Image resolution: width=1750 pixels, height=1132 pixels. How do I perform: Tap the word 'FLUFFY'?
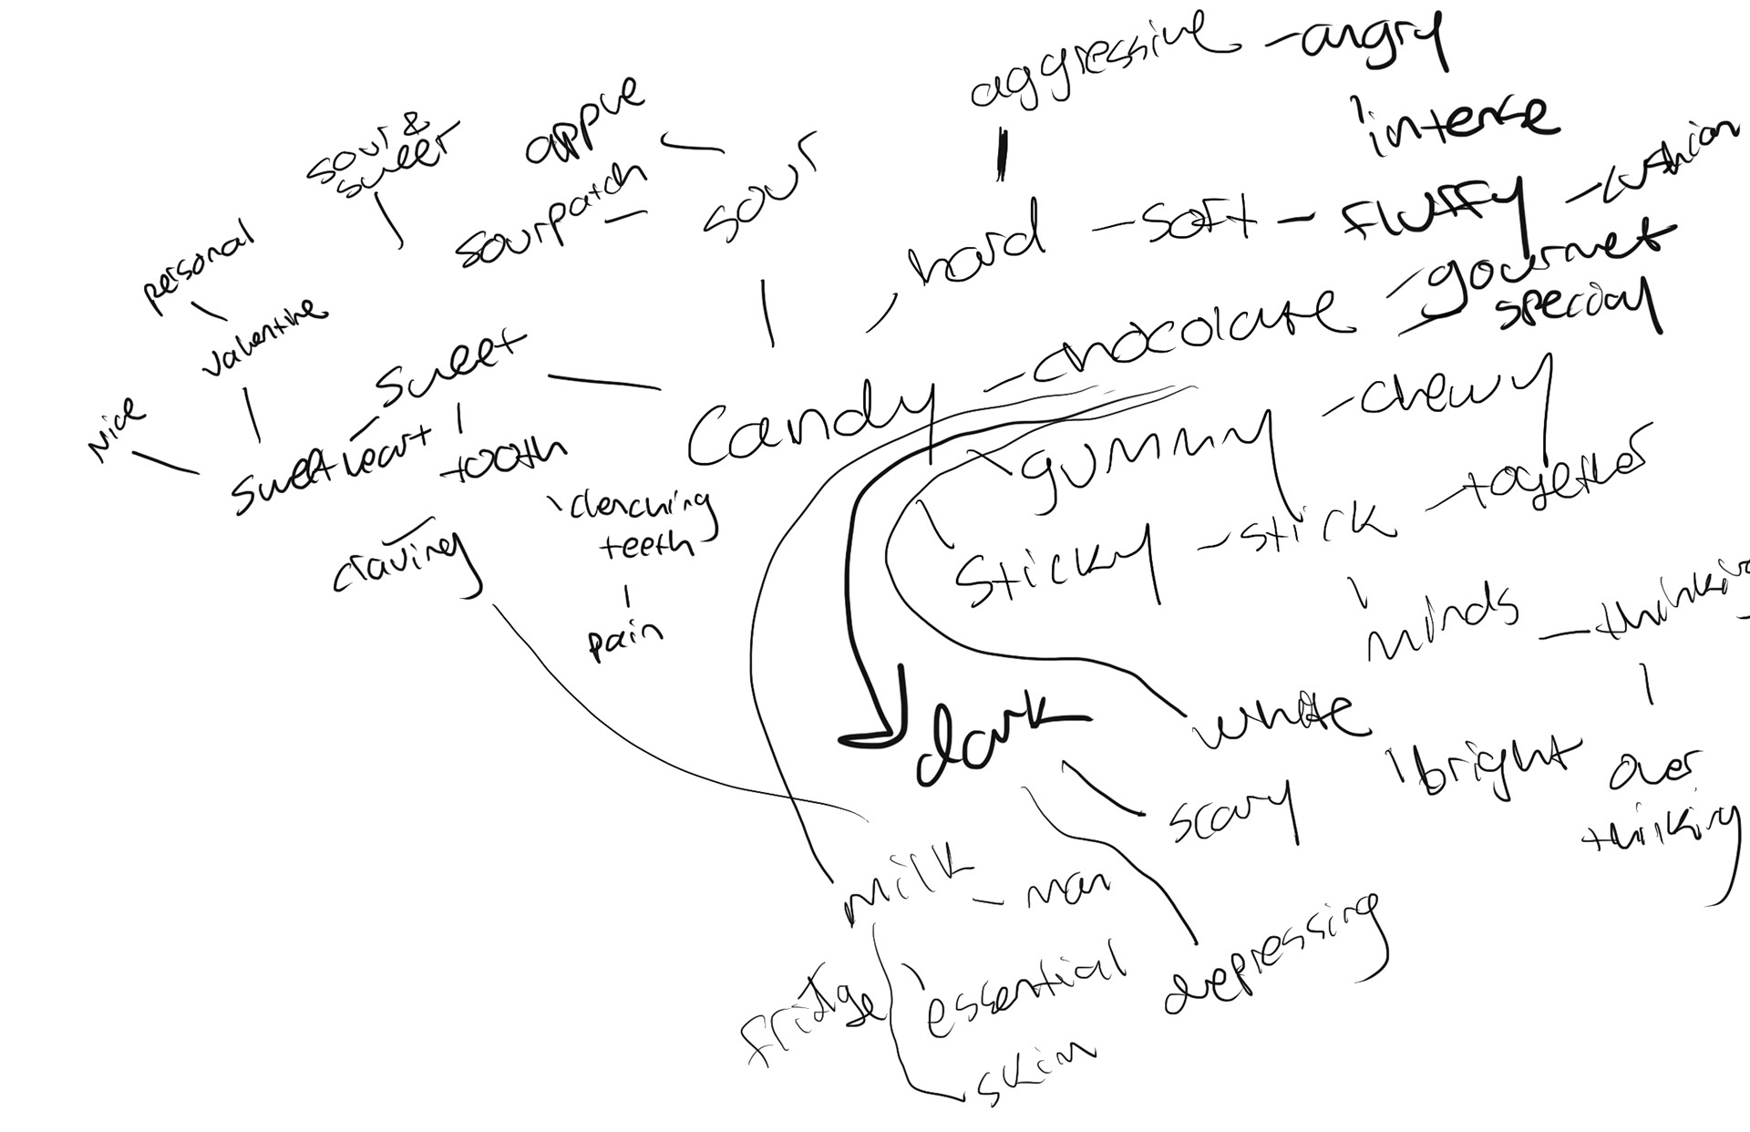click(1431, 210)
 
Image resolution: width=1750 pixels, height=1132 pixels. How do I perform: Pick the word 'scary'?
click(1230, 811)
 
